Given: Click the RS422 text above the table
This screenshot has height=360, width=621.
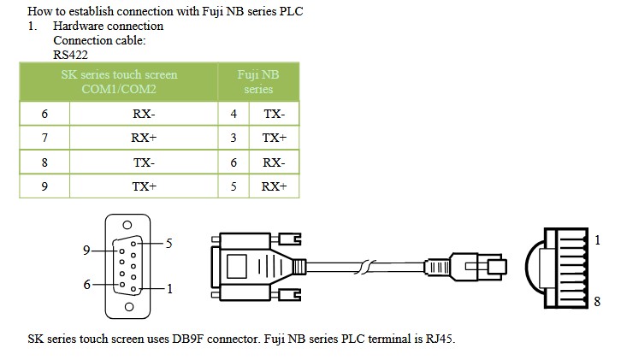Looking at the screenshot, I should tap(70, 53).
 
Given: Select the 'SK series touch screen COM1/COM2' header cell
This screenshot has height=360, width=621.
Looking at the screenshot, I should tap(119, 82).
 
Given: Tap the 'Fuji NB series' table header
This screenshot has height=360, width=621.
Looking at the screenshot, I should tap(258, 82).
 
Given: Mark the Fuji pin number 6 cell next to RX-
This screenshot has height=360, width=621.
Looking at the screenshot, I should tap(234, 162).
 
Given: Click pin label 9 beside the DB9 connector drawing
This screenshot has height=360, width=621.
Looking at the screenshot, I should tap(86, 251).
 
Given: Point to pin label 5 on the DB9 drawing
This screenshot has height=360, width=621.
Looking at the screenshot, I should tap(169, 244).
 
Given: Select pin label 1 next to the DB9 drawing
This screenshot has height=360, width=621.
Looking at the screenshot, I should tap(169, 288).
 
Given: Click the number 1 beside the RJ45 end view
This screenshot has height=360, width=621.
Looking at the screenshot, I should tap(597, 241).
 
